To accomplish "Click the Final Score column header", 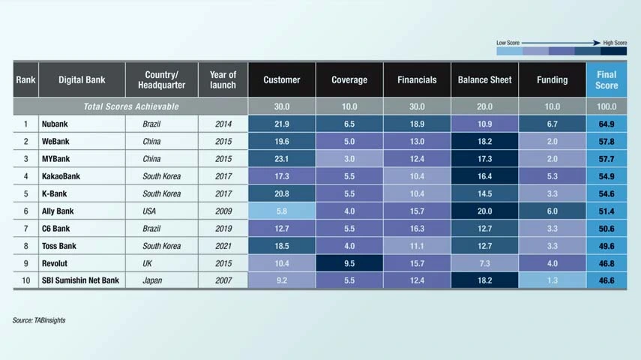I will tap(607, 79).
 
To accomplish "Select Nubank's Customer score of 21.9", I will tap(282, 123).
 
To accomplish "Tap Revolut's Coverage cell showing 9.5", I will tap(349, 264).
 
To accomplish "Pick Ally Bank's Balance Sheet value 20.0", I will tap(484, 211).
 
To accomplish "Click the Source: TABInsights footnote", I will tap(39, 320).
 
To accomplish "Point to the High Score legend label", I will tap(615, 43).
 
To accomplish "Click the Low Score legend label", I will tap(508, 43).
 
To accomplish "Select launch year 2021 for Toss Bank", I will tap(223, 247).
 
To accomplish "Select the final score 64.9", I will tap(607, 123).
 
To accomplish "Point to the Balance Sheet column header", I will tap(484, 79).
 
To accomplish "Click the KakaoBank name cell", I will tap(62, 176).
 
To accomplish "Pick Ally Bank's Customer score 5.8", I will tap(282, 211).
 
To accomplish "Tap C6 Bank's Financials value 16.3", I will tap(417, 229).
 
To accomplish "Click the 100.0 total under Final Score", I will tap(607, 106).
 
